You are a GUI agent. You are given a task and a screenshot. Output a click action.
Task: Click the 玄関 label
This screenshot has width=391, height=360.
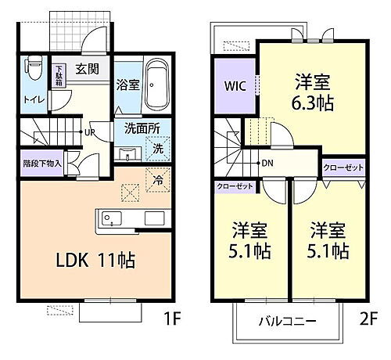(x=87, y=69)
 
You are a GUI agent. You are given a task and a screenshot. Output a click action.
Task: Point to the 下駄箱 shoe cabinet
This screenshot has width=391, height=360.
(x=58, y=77)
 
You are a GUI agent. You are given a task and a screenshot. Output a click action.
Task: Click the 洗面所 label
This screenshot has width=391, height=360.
(x=142, y=129)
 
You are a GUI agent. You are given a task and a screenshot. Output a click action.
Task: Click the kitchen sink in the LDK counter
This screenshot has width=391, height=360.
(x=109, y=218)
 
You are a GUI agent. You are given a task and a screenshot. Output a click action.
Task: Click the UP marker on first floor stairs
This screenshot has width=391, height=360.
(x=91, y=133)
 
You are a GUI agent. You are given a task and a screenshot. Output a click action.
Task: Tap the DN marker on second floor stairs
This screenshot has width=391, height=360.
(x=267, y=164)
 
